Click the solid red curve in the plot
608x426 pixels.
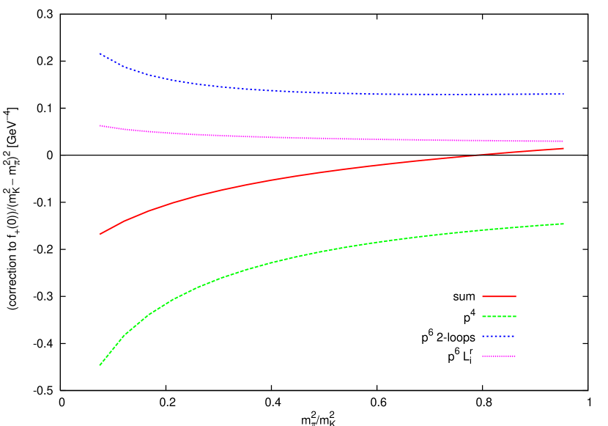[x=293, y=176]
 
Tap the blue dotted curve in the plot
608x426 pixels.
[x=293, y=92]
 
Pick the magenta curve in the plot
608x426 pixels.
[x=293, y=138]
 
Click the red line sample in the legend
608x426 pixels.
[x=499, y=296]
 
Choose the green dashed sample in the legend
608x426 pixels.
[x=499, y=316]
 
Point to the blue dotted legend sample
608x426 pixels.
[x=499, y=336]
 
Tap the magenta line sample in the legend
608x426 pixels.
[x=499, y=356]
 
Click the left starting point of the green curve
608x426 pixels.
[x=100, y=364]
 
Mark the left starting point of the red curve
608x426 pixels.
[x=100, y=234]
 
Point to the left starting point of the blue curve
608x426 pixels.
[x=100, y=54]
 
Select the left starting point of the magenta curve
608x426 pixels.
[x=100, y=125]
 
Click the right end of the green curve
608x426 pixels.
[x=563, y=224]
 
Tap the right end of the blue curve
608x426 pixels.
[x=563, y=94]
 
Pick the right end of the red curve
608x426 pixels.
[x=563, y=148]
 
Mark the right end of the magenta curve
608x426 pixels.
[x=563, y=141]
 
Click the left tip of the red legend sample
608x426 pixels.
[x=482, y=296]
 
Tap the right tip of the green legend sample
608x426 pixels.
[x=516, y=316]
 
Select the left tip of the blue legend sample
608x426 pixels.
[x=482, y=336]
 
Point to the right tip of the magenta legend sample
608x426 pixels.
[x=516, y=356]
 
